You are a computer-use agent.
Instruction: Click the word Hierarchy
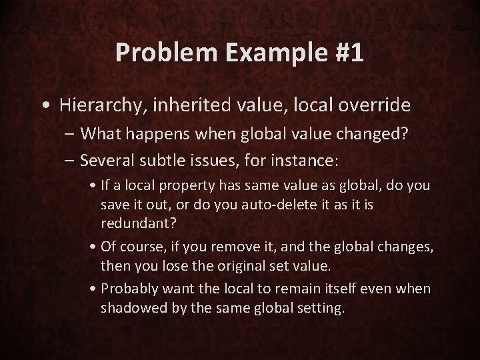pyautogui.click(x=97, y=105)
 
